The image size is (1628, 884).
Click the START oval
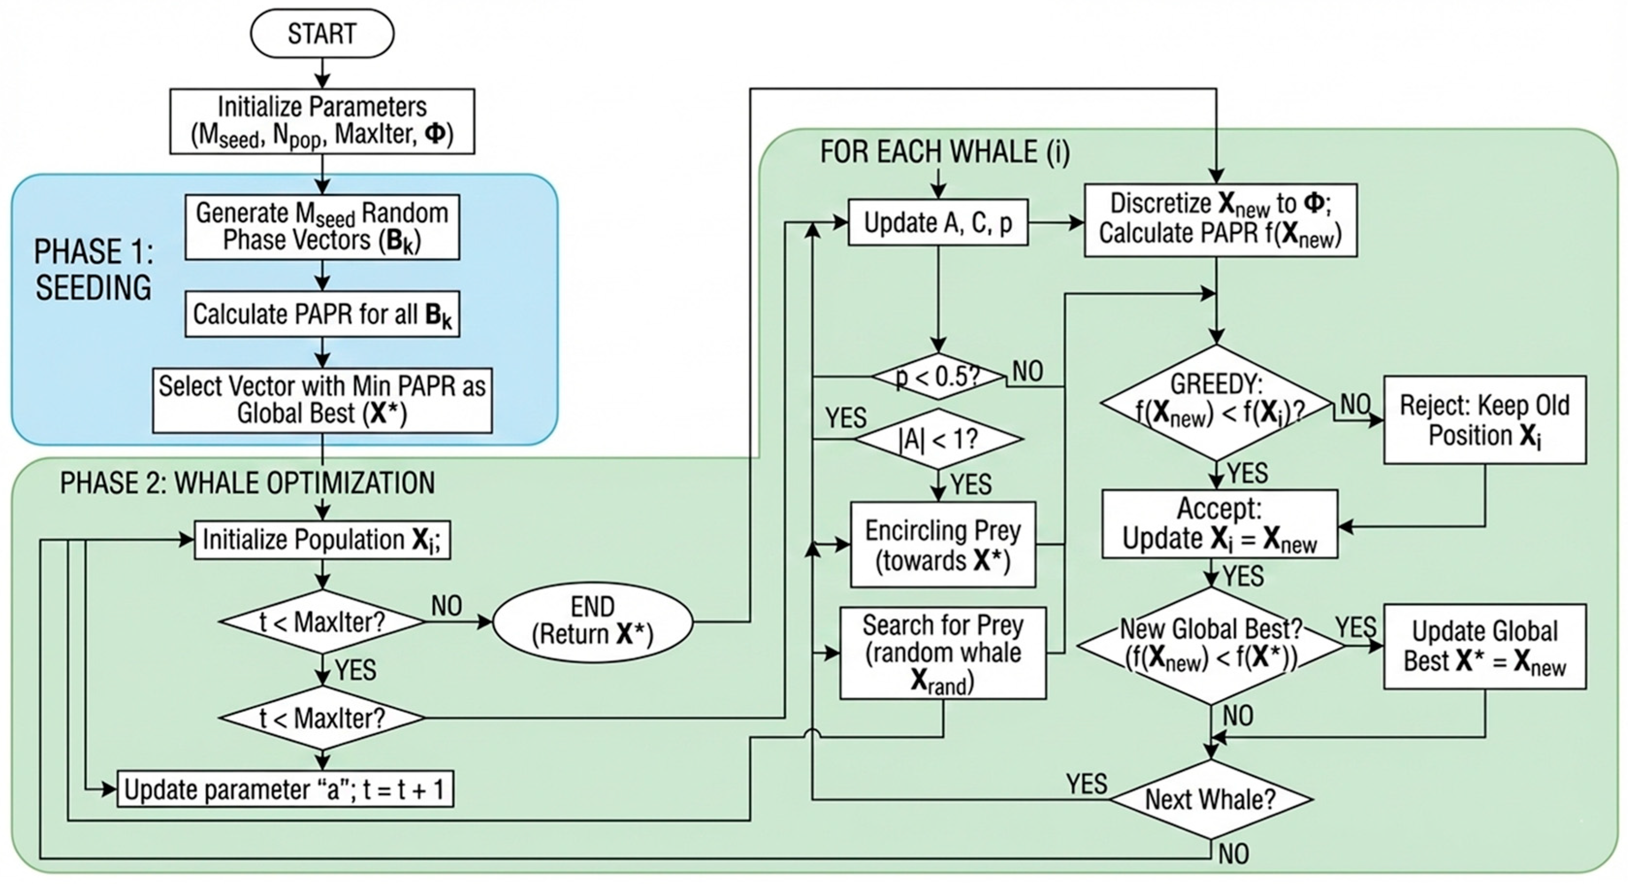tap(322, 33)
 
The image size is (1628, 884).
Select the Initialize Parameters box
tap(322, 121)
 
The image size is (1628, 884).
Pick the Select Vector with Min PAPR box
tap(322, 400)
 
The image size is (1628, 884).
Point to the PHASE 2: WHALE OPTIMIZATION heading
tap(247, 483)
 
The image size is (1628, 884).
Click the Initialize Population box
tap(322, 540)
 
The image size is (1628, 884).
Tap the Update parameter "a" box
tap(285, 790)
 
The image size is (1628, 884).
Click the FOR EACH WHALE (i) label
tap(945, 152)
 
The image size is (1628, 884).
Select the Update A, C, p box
tap(938, 223)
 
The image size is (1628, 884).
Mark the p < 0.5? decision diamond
tap(938, 377)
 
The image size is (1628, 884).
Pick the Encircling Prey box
tap(942, 545)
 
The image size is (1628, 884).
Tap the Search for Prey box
tap(942, 653)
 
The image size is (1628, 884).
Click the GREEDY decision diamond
tap(1216, 402)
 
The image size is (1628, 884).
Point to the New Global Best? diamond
tap(1211, 645)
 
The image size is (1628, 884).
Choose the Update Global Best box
tap(1484, 646)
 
